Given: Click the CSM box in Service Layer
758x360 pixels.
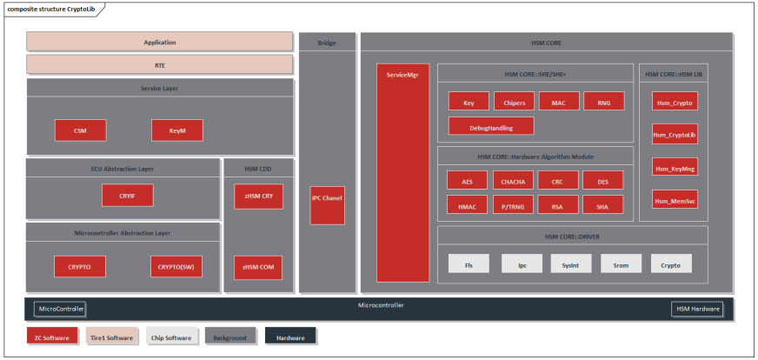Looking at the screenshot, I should pos(80,130).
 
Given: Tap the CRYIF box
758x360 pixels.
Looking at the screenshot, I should pos(123,197).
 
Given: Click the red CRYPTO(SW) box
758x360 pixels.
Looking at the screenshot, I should pos(177,266).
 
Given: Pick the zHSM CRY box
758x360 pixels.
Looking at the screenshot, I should pos(258,197).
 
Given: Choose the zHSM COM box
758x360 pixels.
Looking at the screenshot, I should pos(258,267).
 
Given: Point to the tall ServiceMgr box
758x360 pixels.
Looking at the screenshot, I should pos(402,172).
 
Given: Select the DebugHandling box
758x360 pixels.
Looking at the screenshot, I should pos(490,127).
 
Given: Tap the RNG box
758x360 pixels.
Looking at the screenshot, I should pos(603,103).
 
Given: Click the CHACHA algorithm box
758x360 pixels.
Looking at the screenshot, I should pos(514,182).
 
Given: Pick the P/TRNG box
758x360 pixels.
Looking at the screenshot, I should pos(514,206).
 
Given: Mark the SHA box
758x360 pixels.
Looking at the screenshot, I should pos(603,206).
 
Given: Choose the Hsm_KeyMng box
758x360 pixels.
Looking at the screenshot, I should pos(675,167).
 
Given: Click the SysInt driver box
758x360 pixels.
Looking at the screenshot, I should pos(570,263).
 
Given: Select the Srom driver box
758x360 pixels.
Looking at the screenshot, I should pos(621,263).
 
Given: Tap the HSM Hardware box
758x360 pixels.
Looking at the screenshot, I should pos(696,309).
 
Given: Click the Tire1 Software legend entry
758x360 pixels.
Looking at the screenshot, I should pos(111,337).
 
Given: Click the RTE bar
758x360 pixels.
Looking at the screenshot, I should pos(159,64).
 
